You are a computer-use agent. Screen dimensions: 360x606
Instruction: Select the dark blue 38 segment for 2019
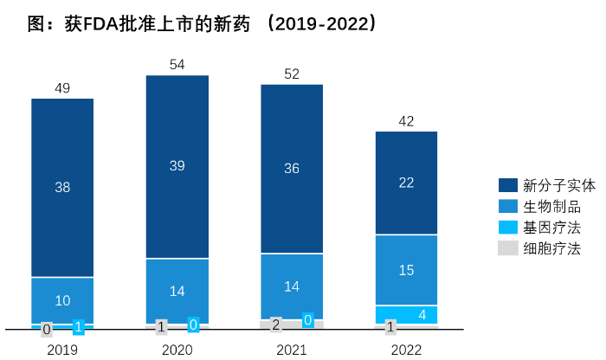[x=62, y=187]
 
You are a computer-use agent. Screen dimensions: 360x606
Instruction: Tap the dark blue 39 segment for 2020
[x=177, y=166]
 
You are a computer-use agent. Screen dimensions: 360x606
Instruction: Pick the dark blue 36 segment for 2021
[x=292, y=169]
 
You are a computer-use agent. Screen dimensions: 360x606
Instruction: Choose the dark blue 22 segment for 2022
[x=406, y=182]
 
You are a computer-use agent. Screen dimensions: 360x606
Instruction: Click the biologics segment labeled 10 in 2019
[x=62, y=300]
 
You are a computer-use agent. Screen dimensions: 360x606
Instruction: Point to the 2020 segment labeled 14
[x=177, y=291]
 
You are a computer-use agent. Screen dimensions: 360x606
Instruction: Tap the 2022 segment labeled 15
[x=406, y=270]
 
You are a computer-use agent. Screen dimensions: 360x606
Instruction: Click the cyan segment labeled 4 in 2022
[x=406, y=314]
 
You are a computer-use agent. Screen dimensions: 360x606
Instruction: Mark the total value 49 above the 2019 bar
[x=62, y=87]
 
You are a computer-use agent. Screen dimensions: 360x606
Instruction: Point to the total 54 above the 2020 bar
[x=177, y=65]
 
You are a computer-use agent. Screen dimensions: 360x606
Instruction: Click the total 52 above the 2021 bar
[x=292, y=74]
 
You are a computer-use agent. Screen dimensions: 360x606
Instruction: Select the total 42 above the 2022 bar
[x=406, y=120]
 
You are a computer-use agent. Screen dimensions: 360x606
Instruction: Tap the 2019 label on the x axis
[x=62, y=350]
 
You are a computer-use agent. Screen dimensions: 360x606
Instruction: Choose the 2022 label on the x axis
[x=406, y=350]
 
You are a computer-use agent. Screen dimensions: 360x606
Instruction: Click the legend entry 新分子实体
[x=546, y=185]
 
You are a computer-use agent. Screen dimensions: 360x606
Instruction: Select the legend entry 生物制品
[x=546, y=207]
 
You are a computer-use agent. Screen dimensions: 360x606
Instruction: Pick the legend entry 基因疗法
[x=546, y=228]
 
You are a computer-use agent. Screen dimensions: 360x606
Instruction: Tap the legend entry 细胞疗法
[x=546, y=248]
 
